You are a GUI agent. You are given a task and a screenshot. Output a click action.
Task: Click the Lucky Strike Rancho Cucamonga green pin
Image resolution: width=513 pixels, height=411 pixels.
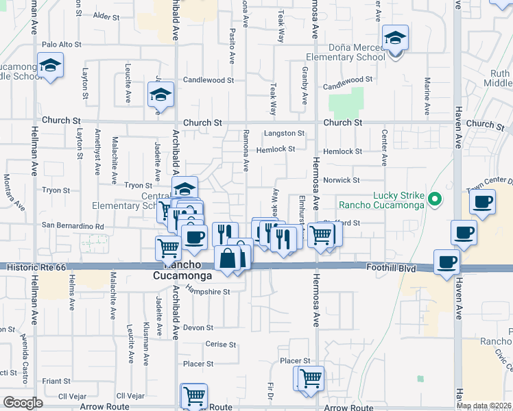click(x=433, y=200)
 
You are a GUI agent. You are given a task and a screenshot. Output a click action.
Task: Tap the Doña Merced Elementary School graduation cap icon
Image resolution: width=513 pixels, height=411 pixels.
click(x=395, y=38)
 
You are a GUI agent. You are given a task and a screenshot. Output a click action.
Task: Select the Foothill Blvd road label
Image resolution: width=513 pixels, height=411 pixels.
click(x=391, y=268)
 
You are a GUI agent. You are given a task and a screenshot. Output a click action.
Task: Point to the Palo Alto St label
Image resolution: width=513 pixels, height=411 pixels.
click(x=62, y=45)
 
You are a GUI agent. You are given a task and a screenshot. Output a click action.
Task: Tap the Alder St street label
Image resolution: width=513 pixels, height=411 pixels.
click(x=106, y=15)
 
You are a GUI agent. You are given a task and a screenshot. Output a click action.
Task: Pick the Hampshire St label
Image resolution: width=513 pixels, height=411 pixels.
click(x=209, y=291)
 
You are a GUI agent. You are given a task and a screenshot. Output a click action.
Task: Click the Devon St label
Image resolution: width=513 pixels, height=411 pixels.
click(x=199, y=327)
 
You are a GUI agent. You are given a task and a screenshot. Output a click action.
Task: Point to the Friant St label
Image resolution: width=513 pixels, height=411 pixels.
click(x=56, y=380)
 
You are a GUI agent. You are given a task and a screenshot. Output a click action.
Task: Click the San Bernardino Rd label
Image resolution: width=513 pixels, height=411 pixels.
click(x=73, y=226)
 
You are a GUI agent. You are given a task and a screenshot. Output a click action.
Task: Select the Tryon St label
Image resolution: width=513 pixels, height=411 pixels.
click(x=138, y=186)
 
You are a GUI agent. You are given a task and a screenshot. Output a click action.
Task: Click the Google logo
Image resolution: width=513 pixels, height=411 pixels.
click(x=23, y=403)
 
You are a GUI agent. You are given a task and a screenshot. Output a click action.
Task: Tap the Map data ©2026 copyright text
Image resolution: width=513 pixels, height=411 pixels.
click(x=483, y=406)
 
